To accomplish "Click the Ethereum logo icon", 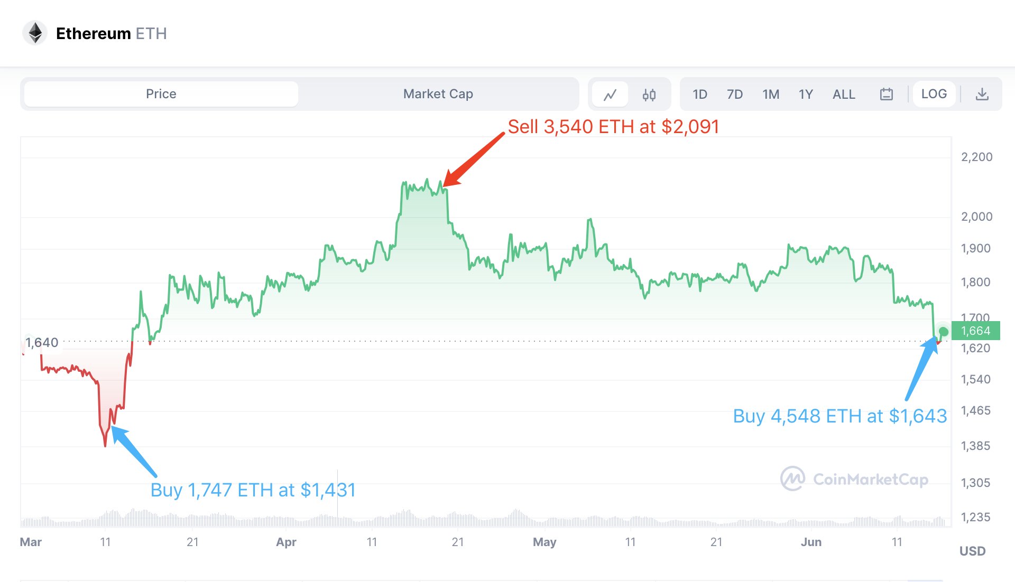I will [x=35, y=33].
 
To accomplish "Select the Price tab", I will [x=161, y=94].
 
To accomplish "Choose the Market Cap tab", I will [x=438, y=94].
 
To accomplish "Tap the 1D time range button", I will [x=699, y=95].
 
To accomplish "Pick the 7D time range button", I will [x=734, y=95].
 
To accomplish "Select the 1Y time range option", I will [x=805, y=95].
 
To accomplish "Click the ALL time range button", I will [x=844, y=95].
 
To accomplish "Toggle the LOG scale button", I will [x=934, y=94].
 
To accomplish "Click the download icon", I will [x=982, y=95].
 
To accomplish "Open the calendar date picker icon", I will [x=886, y=95].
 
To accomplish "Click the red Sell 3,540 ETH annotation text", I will [x=613, y=127].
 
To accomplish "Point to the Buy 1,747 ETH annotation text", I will [x=253, y=490].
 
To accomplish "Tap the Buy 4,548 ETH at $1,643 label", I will [x=839, y=416].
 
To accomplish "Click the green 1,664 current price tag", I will [x=975, y=331].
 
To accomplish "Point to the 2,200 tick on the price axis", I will [x=976, y=157].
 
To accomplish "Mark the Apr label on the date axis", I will [x=286, y=542].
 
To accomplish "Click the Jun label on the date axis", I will [x=811, y=542].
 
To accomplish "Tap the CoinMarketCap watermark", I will [x=854, y=479].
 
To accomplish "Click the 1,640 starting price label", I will [x=42, y=343].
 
